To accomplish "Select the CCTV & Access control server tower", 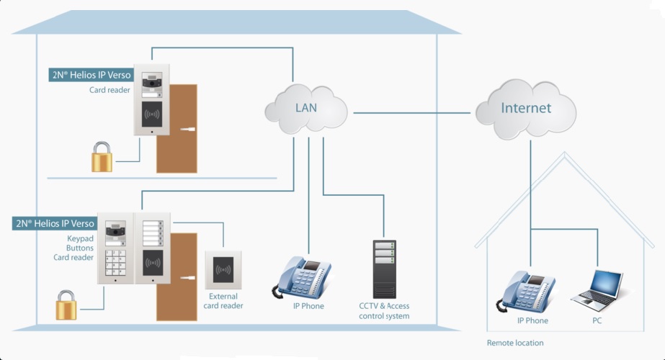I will pos(384,267).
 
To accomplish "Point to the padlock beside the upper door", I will pos(102,156).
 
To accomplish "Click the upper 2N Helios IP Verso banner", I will pos(91,75).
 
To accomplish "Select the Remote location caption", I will pos(515,343).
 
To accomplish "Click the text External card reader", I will pos(223,301).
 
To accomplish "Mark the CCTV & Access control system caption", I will pos(383,311).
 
